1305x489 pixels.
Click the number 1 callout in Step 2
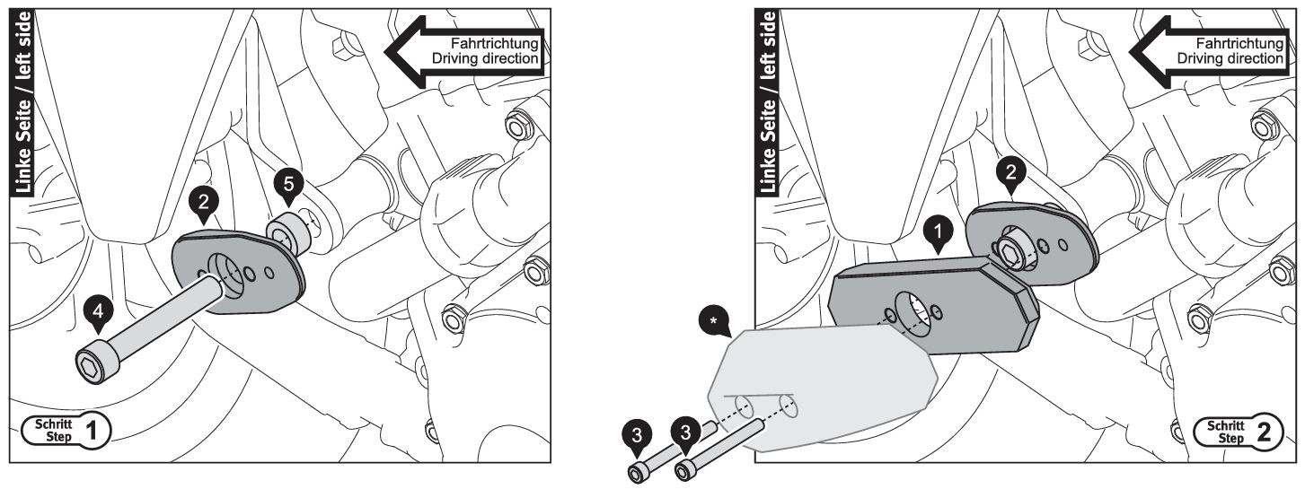pos(938,232)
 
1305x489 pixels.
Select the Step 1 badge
pos(66,431)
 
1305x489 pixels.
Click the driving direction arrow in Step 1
pos(465,51)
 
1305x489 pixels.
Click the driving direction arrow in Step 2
pos(1209,51)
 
